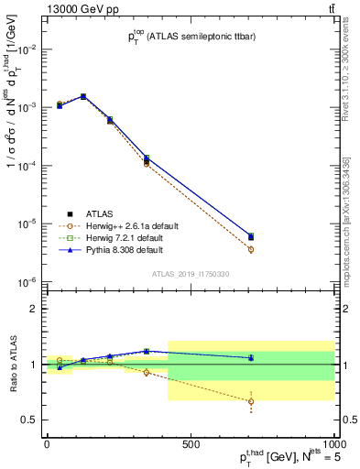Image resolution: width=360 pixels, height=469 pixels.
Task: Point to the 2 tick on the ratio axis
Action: click(x=32, y=309)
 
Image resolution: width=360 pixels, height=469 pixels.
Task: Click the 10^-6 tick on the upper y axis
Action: click(x=26, y=282)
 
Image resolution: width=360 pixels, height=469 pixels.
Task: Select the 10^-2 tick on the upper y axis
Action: click(x=26, y=49)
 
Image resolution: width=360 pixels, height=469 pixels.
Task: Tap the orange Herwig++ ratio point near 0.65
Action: click(x=251, y=401)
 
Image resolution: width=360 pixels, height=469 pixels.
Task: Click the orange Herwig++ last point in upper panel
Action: click(x=251, y=249)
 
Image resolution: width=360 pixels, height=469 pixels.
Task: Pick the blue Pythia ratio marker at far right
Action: click(x=251, y=357)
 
